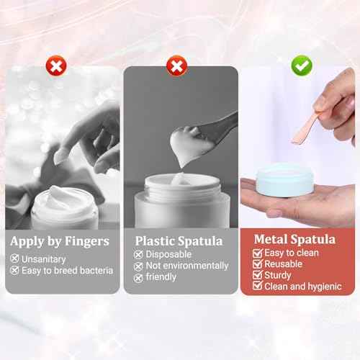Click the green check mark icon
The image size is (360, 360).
(302, 66)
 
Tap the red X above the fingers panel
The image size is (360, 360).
(55, 67)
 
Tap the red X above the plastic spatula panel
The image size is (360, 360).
(176, 67)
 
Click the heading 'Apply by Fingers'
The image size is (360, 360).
(60, 240)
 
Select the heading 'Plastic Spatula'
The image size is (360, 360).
(179, 240)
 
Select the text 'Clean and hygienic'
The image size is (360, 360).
(302, 287)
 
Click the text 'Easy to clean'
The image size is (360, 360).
(291, 253)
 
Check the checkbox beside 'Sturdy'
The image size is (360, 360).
(257, 276)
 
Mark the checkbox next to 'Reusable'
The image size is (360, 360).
(257, 264)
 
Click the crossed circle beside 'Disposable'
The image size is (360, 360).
(138, 254)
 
